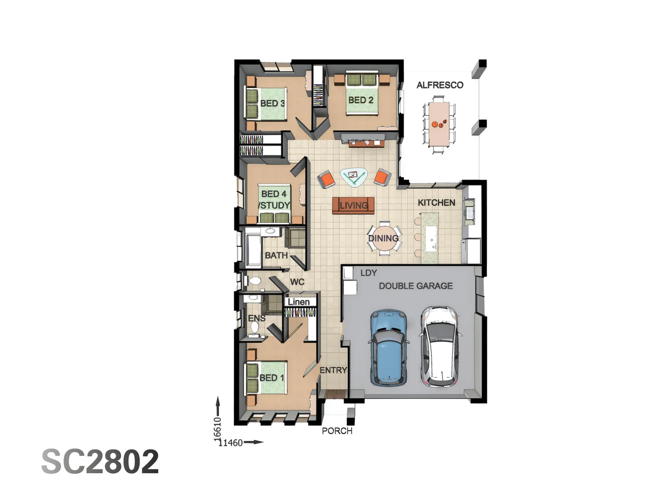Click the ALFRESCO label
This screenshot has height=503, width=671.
(x=439, y=85)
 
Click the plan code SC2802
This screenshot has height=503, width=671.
(x=100, y=462)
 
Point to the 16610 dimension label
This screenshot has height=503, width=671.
(x=217, y=428)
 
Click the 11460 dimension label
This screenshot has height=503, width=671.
(x=231, y=442)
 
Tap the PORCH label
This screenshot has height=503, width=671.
(x=337, y=431)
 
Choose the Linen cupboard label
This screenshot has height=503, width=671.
(x=299, y=302)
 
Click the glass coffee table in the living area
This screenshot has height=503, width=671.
(x=354, y=177)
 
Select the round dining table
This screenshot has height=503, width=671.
(x=384, y=238)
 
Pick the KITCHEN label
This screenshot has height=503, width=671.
(x=436, y=203)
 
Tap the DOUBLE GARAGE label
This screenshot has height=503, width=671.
(x=416, y=286)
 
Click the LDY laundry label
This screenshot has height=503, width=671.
(x=368, y=273)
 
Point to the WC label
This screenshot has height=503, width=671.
(x=297, y=282)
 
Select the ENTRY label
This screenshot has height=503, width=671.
(x=333, y=370)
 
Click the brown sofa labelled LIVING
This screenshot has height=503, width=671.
(x=353, y=205)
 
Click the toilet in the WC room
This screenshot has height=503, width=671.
(x=255, y=281)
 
